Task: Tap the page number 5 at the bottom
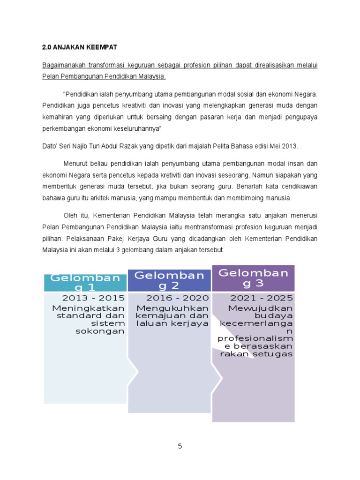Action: pyautogui.click(x=180, y=446)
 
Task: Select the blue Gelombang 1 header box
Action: pyautogui.click(x=85, y=283)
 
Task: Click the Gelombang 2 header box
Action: pyautogui.click(x=170, y=280)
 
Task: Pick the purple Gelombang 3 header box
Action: pyautogui.click(x=254, y=278)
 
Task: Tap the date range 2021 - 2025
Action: pyautogui.click(x=262, y=298)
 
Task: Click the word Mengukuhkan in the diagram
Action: pyautogui.click(x=172, y=308)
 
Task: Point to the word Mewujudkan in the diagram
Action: pyautogui.click(x=261, y=308)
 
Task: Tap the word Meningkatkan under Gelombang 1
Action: pyautogui.click(x=89, y=308)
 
